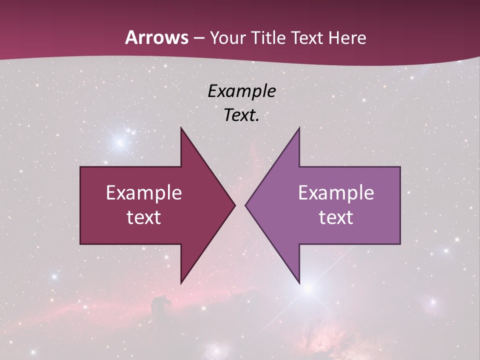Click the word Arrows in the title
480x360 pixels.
156,38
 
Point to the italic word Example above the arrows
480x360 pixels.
241,91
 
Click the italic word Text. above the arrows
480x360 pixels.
241,115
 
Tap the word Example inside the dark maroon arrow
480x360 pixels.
144,193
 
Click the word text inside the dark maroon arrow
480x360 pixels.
144,217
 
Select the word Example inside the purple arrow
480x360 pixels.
336,193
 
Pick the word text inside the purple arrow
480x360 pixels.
336,217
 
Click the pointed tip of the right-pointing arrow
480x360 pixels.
234,205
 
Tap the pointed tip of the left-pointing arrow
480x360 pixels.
246,205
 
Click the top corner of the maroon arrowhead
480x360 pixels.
181,128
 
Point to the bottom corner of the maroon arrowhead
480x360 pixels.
181,282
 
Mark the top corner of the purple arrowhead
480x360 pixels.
299,128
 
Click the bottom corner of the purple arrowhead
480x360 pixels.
299,282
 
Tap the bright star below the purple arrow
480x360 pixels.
308,288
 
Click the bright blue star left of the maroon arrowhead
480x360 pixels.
120,142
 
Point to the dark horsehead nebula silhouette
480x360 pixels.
161,303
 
